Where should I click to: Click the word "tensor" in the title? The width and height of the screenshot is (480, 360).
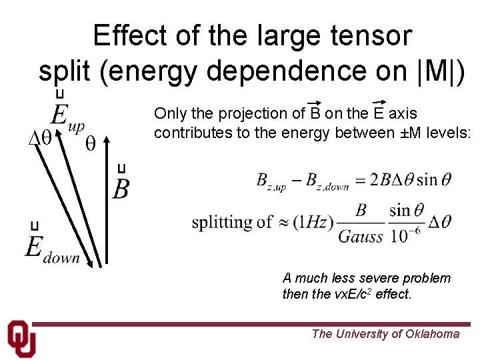tap(372, 35)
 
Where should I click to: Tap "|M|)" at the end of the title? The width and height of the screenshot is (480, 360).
tap(431, 69)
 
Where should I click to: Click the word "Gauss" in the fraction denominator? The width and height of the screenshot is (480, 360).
tap(361, 236)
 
